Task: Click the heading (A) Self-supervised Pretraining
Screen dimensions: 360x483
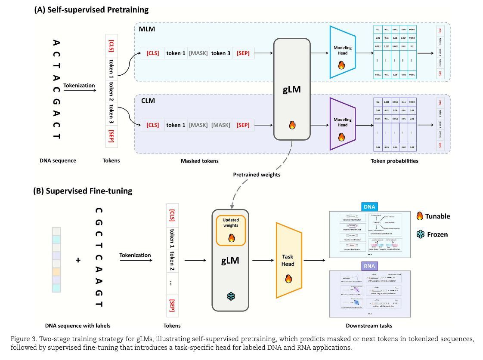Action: (91, 9)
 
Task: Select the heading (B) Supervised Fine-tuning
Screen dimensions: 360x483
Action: (83, 191)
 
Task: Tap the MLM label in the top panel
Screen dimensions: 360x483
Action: (147, 29)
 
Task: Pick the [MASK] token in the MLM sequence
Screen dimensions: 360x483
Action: (198, 53)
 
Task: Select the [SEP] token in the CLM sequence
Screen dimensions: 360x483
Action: (243, 125)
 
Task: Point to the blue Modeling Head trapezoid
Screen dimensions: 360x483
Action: (342, 52)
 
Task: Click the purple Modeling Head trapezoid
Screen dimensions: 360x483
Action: (342, 124)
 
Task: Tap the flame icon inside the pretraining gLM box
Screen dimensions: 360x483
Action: (292, 125)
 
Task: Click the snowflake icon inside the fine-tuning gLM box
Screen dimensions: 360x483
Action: (230, 297)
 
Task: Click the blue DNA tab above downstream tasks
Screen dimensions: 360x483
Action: (369, 207)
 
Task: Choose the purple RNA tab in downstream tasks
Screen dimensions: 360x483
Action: (369, 266)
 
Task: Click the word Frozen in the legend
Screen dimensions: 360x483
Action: (437, 234)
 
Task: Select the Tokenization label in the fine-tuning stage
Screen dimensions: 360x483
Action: (135, 255)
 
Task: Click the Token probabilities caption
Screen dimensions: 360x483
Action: (394, 161)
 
